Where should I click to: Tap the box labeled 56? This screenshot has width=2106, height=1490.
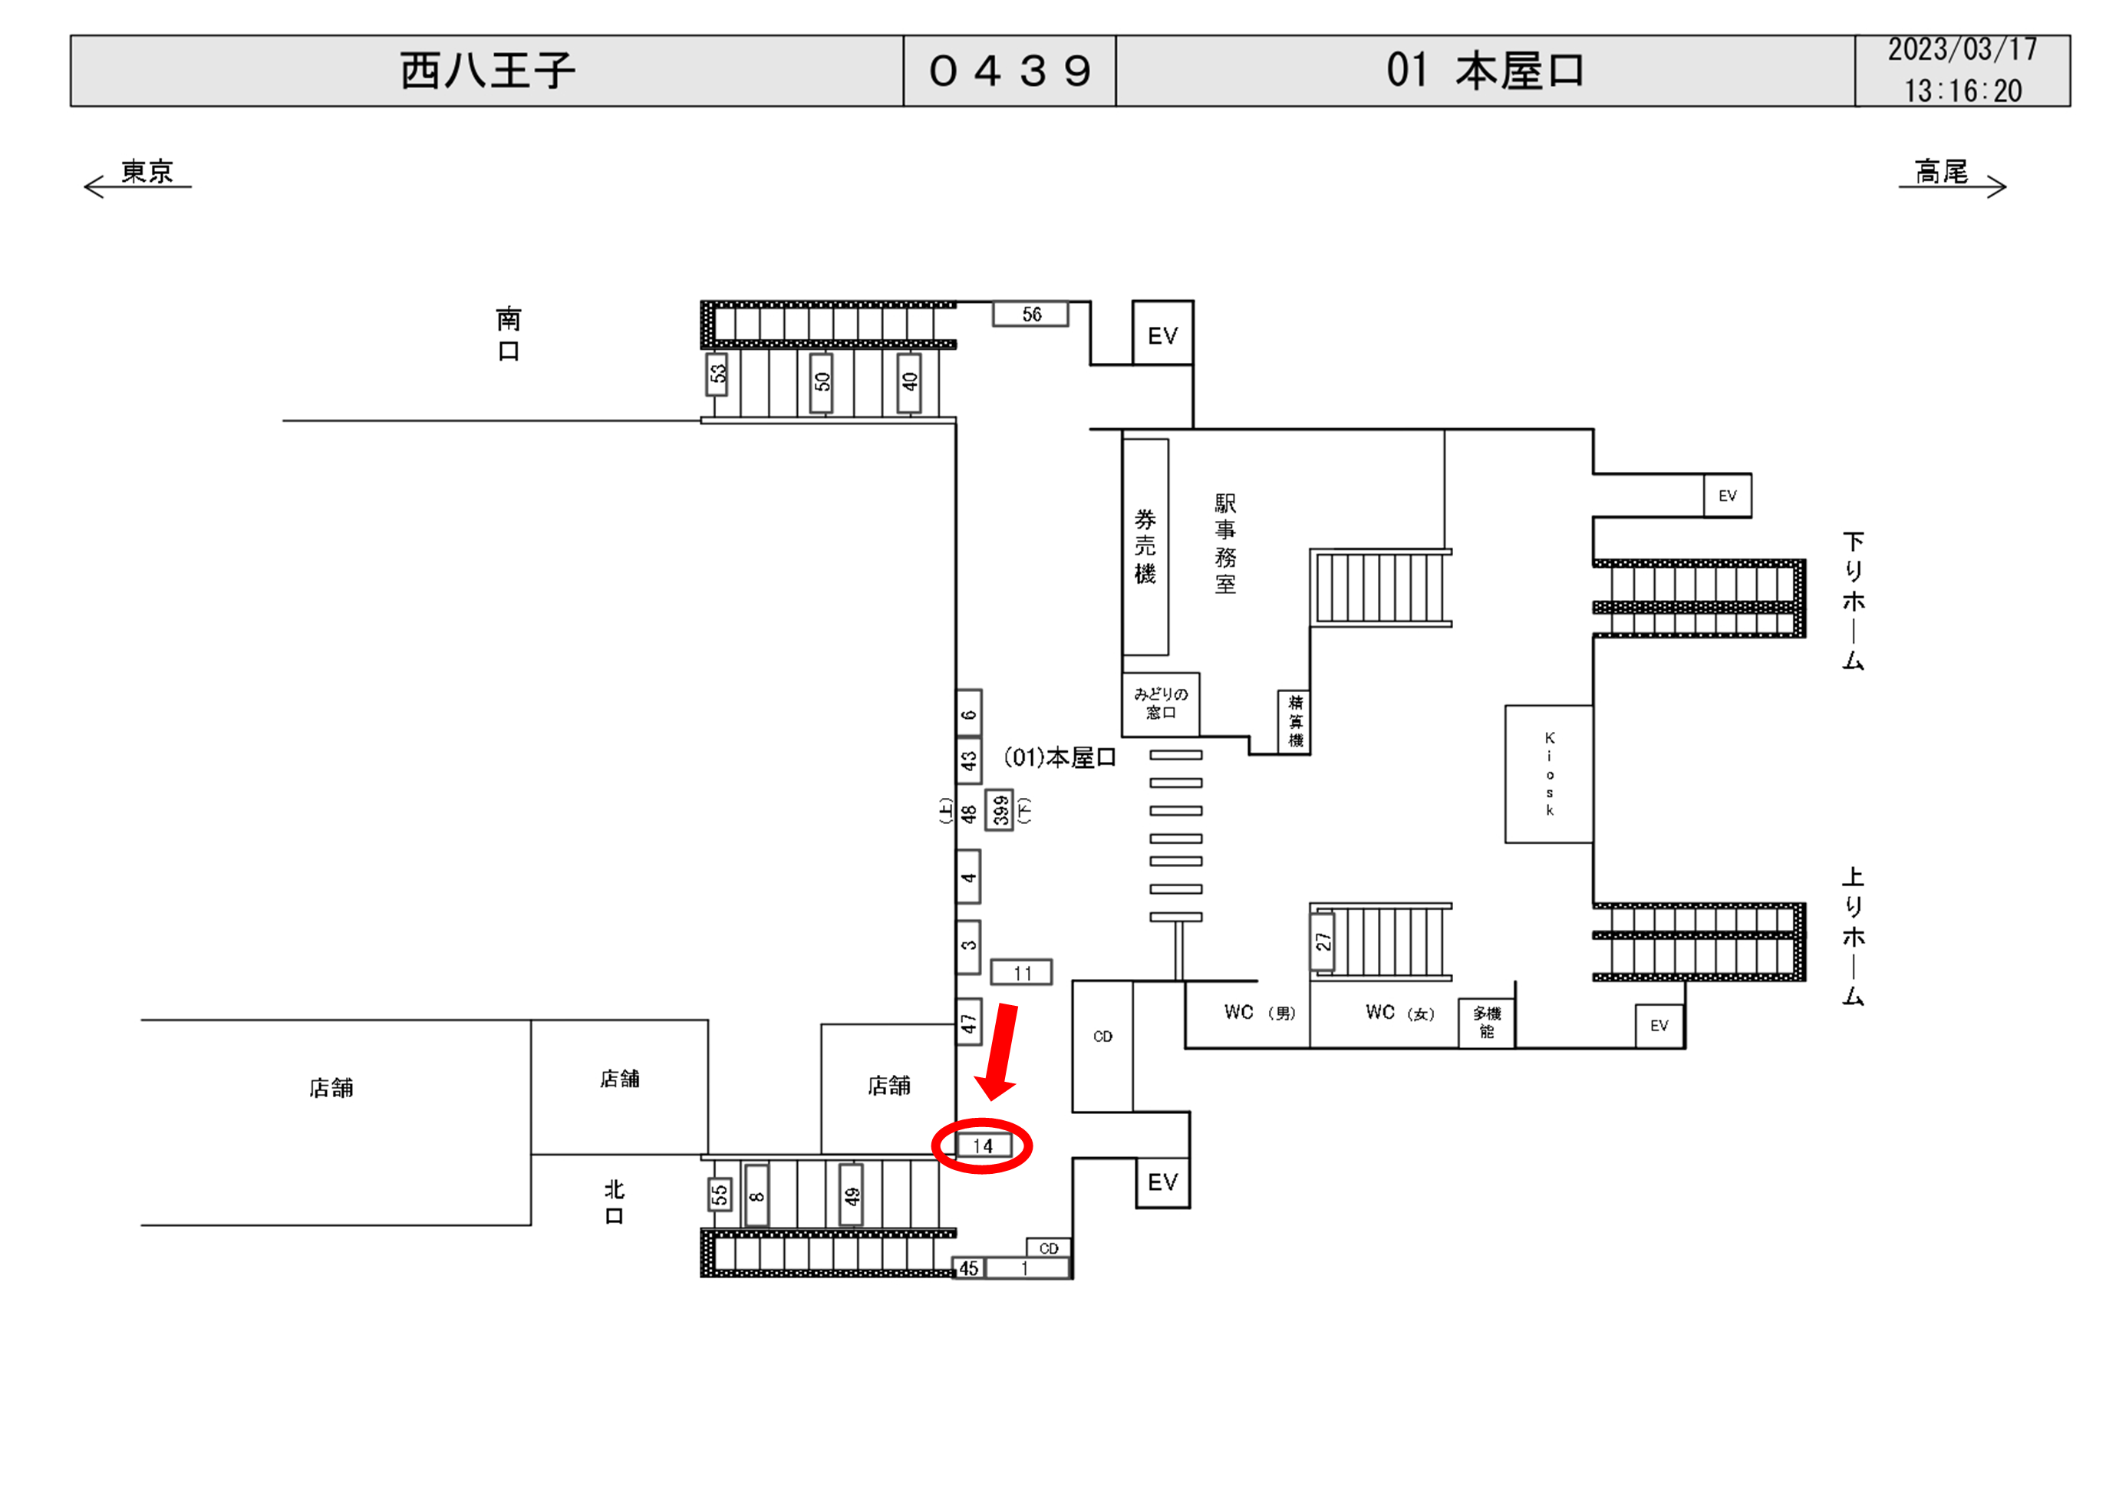click(x=1031, y=314)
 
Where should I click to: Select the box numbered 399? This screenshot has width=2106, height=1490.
click(x=1000, y=809)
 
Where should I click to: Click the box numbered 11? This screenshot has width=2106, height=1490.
click(x=1022, y=973)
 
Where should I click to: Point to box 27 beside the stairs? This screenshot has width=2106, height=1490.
click(x=1323, y=941)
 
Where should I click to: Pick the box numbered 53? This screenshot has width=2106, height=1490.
click(x=717, y=374)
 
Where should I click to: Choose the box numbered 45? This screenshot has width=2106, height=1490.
click(x=969, y=1269)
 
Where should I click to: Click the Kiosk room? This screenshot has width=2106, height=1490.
click(x=1548, y=773)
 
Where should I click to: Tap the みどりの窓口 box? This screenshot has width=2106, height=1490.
click(x=1160, y=704)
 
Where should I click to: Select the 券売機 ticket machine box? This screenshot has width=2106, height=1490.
click(x=1145, y=547)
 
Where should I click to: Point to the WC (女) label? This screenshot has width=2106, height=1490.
click(x=1399, y=1013)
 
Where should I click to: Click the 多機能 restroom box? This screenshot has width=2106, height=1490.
click(x=1487, y=1023)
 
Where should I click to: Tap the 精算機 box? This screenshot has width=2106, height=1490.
click(x=1295, y=722)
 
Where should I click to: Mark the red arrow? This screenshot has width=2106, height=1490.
click(x=1000, y=1051)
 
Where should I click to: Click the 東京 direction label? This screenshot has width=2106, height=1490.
click(x=147, y=172)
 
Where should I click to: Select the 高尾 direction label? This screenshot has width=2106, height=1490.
click(x=1941, y=172)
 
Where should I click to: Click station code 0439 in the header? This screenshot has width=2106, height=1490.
click(x=1010, y=71)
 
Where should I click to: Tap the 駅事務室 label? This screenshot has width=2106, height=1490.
click(x=1225, y=543)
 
